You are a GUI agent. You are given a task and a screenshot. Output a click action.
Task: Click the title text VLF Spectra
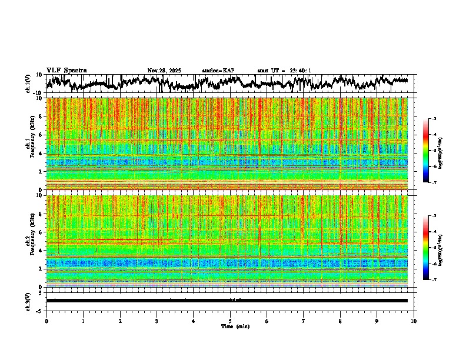pyautogui.click(x=66, y=70)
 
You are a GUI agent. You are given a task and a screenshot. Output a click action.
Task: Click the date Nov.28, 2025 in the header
pyautogui.click(x=164, y=71)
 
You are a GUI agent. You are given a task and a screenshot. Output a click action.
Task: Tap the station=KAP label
pyautogui.click(x=218, y=71)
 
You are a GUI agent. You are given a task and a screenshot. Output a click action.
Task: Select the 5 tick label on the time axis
pyautogui.click(x=230, y=321)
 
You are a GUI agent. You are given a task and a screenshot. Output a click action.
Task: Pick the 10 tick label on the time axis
pyautogui.click(x=414, y=321)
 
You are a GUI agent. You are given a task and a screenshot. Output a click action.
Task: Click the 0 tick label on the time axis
pyautogui.click(x=46, y=321)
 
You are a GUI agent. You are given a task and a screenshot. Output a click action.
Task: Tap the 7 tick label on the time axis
pyautogui.click(x=304, y=321)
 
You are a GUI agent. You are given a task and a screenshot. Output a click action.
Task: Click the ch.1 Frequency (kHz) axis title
pyautogui.click(x=31, y=144)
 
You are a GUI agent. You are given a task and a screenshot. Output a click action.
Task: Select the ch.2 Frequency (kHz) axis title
pyautogui.click(x=31, y=241)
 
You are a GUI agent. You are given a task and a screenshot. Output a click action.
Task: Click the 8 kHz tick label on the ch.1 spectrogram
pyautogui.click(x=40, y=116)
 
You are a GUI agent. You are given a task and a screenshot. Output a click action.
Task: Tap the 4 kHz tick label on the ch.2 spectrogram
pyautogui.click(x=40, y=250)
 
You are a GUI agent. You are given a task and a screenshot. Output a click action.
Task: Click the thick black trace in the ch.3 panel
pyautogui.click(x=229, y=301)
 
